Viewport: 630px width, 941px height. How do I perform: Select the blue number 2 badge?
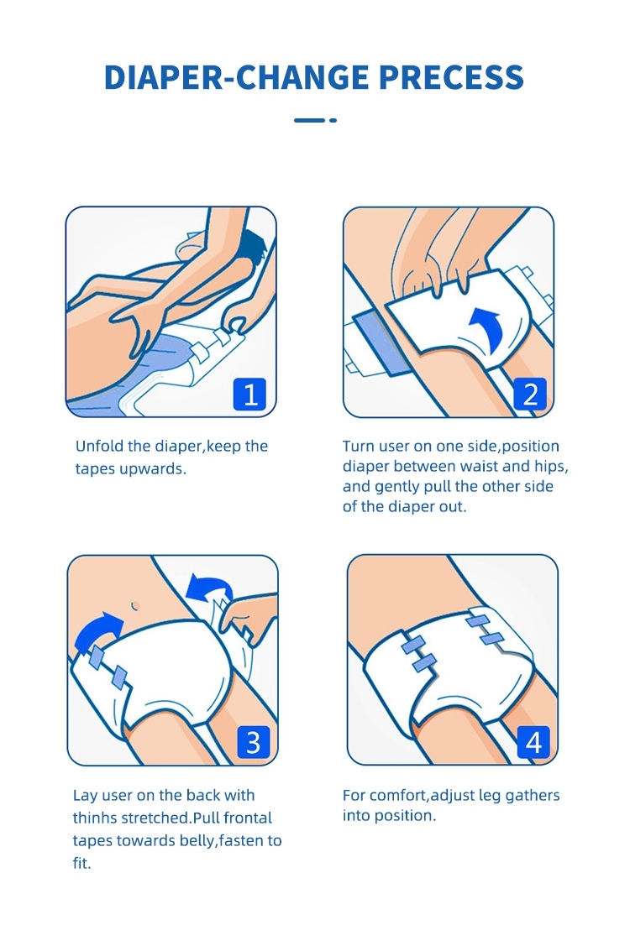click(x=530, y=395)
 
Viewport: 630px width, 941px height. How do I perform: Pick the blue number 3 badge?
click(x=253, y=742)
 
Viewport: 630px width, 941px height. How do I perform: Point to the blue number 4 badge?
click(x=533, y=742)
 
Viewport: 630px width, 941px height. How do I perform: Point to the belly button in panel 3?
click(x=135, y=605)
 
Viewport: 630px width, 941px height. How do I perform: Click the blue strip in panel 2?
click(x=382, y=343)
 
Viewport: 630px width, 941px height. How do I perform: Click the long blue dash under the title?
click(x=309, y=121)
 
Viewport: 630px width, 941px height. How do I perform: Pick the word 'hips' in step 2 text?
click(x=549, y=467)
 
